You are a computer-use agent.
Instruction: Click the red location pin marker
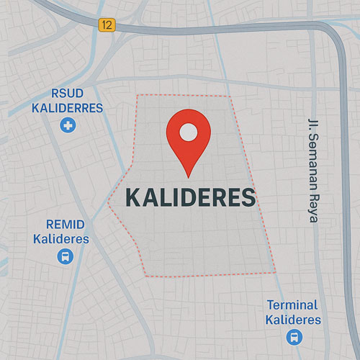coord(188,137)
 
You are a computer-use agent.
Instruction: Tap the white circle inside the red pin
coord(188,132)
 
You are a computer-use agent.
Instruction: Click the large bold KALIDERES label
coord(190,197)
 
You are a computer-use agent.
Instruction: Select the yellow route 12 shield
coord(107,25)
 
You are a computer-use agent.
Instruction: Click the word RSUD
coord(68,94)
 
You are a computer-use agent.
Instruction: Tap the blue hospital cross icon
coord(68,126)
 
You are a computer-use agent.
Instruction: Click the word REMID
coord(66,224)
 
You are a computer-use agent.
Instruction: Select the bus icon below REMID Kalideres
coord(65,256)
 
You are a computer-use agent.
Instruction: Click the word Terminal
coord(292,305)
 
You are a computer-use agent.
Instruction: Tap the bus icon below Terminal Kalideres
coord(294,336)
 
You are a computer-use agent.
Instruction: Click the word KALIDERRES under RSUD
coord(68,108)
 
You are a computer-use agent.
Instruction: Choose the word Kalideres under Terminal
coord(293,319)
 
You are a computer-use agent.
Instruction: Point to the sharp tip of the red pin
coord(188,176)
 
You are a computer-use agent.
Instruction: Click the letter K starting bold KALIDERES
coord(132,197)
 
